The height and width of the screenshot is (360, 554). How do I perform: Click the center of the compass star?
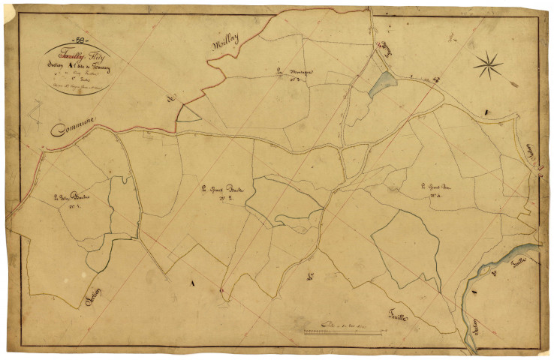click(x=489, y=64)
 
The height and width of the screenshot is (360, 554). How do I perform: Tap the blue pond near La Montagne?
click(x=381, y=84)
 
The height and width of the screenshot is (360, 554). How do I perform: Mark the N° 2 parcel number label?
click(x=223, y=199)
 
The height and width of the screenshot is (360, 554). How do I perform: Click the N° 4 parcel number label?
click(x=435, y=196)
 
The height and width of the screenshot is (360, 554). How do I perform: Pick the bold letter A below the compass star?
click(x=486, y=112)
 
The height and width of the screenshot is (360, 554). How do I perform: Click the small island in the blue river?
click(x=474, y=283)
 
